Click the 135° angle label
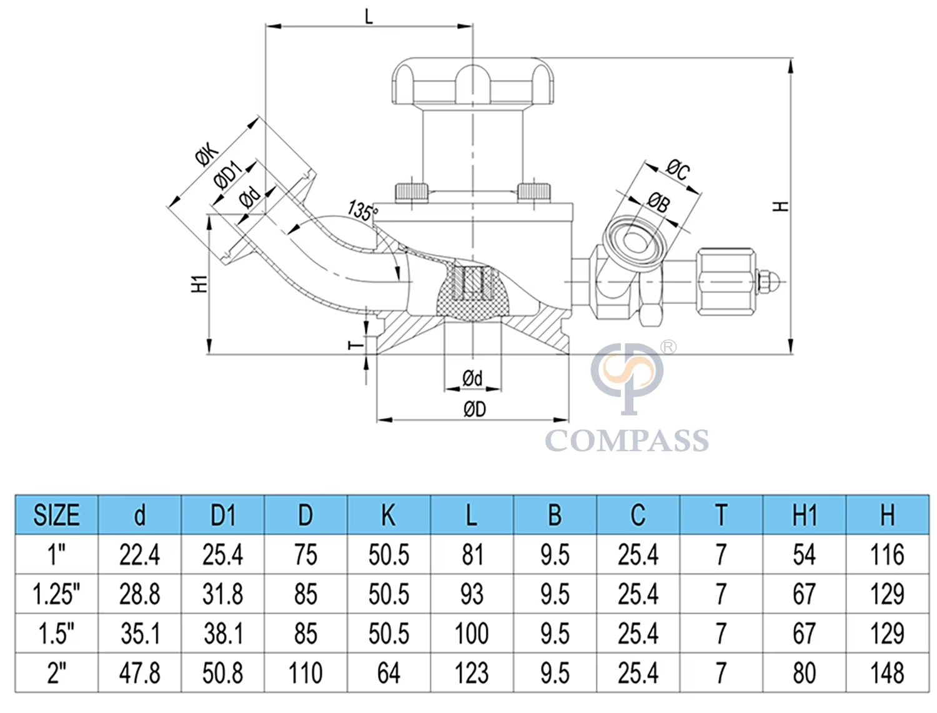click(362, 210)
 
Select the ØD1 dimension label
click(228, 174)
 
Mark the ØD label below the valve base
click(475, 409)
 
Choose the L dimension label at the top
click(369, 17)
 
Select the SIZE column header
click(56, 515)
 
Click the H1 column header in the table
click(805, 515)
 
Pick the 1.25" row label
click(56, 594)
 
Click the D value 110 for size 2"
click(305, 673)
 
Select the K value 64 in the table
click(389, 673)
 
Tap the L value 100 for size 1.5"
click(471, 634)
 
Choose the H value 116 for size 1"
click(887, 555)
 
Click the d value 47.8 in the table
click(139, 673)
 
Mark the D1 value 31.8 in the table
click(222, 594)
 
